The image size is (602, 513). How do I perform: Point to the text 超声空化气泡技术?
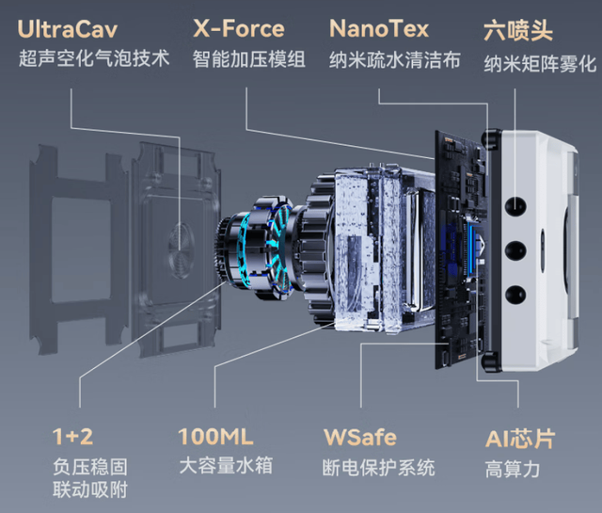(x=94, y=59)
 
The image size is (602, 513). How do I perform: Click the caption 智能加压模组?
(x=249, y=59)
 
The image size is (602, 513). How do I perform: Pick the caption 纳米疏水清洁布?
(x=395, y=59)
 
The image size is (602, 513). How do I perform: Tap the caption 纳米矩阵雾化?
(x=540, y=64)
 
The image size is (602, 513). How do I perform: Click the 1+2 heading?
(x=73, y=438)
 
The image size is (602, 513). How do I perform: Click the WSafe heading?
(x=359, y=438)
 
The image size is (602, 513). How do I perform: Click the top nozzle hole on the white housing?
(x=515, y=203)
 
